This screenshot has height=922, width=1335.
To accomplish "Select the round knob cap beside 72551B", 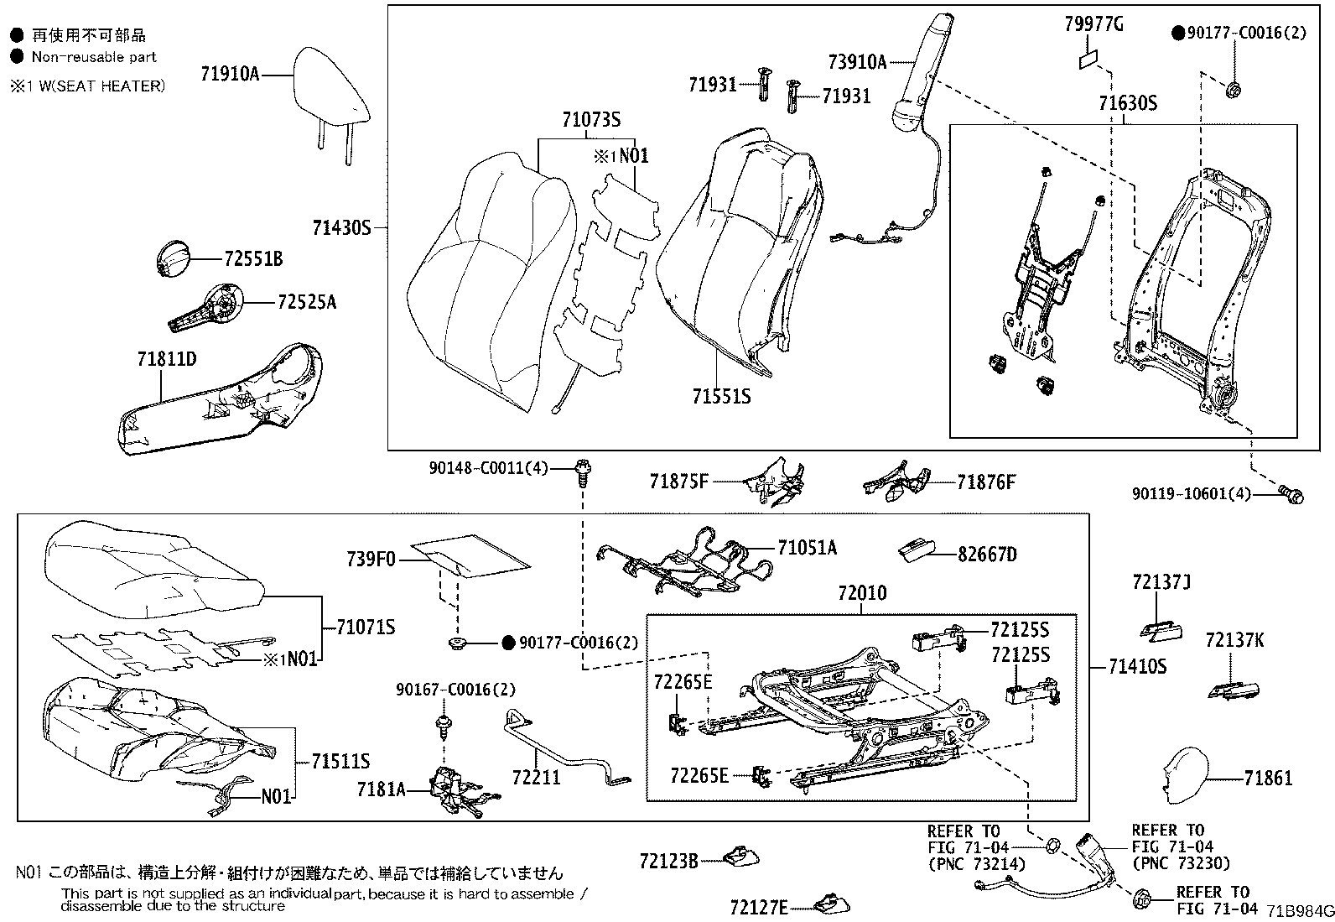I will (174, 257).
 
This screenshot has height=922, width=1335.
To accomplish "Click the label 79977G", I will (1093, 24).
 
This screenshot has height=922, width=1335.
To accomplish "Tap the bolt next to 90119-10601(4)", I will (1292, 495).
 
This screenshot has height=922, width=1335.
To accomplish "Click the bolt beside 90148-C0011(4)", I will (581, 472).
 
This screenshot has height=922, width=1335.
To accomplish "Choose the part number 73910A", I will (857, 61).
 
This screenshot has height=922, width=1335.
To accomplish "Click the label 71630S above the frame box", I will (1127, 103).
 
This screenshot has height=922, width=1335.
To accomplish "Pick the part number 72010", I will (862, 593).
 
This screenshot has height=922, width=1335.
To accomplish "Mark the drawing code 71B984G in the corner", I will (1299, 911).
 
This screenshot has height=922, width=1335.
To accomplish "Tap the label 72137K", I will (1234, 641).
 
